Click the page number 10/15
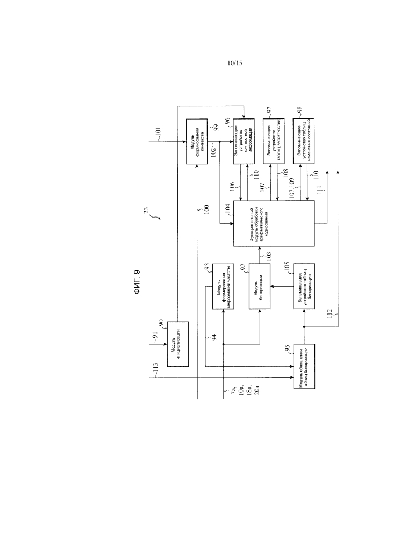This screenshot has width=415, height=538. pos(235,63)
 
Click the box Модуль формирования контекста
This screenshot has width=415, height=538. pos(197,141)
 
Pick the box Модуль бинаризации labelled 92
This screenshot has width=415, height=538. pos(259,285)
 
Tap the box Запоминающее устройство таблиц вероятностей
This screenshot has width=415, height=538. pos(274,141)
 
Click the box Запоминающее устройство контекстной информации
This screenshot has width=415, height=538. pos(244,141)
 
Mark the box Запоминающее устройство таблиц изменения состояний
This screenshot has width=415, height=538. pos(304,141)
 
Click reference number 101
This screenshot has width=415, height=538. pos(158,131)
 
